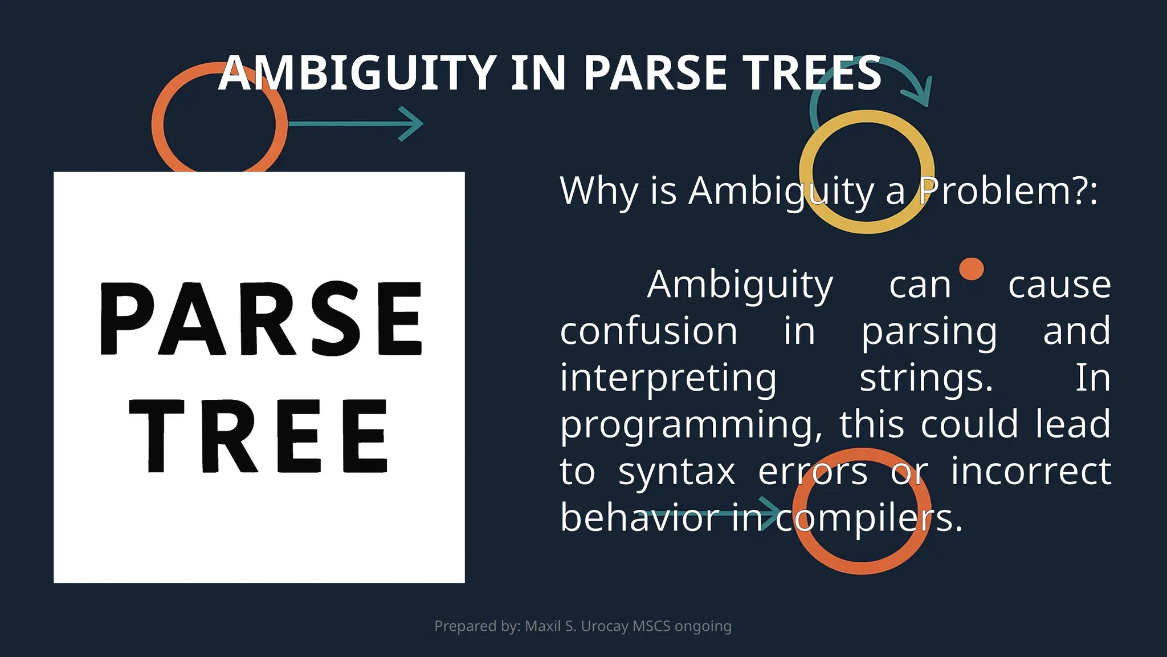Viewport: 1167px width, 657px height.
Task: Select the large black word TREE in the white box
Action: pyautogui.click(x=259, y=436)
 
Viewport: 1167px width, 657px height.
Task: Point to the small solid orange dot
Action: pyautogui.click(x=971, y=269)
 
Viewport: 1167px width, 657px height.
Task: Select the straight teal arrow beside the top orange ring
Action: pyautogui.click(x=356, y=123)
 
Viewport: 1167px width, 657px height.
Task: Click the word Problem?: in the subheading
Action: pyautogui.click(x=1009, y=190)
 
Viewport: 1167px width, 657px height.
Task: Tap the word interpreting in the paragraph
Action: pyautogui.click(x=668, y=378)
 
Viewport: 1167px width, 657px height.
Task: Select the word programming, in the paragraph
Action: pyautogui.click(x=691, y=425)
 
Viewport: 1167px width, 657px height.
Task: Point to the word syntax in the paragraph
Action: pyautogui.click(x=676, y=472)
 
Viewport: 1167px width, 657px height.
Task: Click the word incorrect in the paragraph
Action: pyautogui.click(x=1031, y=472)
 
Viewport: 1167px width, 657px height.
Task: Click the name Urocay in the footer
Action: pyautogui.click(x=605, y=626)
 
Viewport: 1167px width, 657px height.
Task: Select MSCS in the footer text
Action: pyautogui.click(x=651, y=626)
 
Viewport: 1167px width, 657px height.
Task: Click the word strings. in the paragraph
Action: pyautogui.click(x=926, y=378)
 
